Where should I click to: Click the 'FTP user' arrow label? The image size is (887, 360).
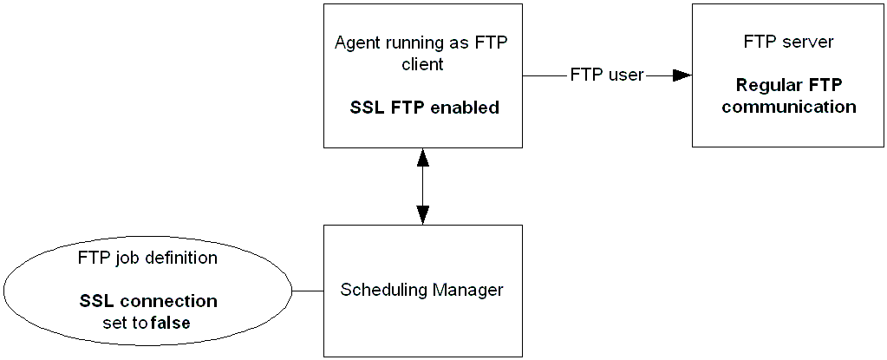click(x=607, y=75)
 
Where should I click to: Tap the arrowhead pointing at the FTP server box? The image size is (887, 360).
click(x=682, y=75)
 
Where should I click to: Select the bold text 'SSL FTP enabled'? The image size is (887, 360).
click(x=424, y=108)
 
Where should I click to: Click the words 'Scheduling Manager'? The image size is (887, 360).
click(x=421, y=290)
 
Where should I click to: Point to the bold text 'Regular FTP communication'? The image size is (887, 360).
click(x=789, y=96)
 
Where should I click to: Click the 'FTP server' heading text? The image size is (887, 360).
click(x=789, y=42)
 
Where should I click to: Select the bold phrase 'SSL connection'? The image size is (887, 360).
click(x=148, y=302)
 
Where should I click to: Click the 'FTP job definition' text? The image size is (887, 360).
click(x=147, y=258)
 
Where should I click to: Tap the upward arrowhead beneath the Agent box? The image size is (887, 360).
click(x=423, y=156)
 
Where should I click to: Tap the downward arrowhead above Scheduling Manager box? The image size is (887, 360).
click(x=423, y=216)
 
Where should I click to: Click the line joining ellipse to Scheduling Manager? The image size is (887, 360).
click(x=308, y=290)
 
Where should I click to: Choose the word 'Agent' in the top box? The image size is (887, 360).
click(x=356, y=43)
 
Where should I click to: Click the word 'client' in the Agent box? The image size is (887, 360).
click(x=423, y=64)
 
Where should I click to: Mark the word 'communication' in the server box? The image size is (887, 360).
click(x=789, y=108)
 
